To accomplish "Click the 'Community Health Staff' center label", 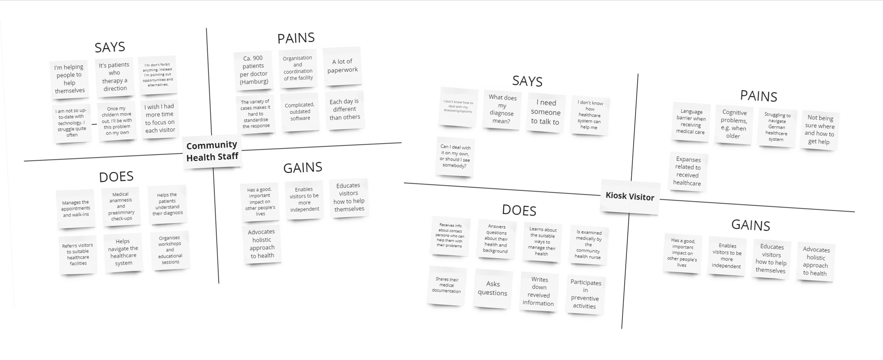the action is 212,151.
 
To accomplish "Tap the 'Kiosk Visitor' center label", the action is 630,196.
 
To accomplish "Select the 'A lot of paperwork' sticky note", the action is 342,66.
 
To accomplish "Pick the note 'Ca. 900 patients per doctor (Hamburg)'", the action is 253,70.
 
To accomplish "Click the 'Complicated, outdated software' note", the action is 300,112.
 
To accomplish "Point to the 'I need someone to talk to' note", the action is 545,112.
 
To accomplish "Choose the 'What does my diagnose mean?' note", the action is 502,109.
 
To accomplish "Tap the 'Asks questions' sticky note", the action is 493,288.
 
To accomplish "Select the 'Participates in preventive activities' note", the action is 585,294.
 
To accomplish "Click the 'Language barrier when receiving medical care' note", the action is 691,122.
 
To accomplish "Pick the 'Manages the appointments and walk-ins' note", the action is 76,208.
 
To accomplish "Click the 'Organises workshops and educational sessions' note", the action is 170,250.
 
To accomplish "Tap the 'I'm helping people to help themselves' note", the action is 69,78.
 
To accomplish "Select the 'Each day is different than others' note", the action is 344,110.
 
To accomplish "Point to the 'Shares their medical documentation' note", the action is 447,285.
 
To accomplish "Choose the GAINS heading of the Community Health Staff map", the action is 303,167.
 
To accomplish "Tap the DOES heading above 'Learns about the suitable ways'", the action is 519,210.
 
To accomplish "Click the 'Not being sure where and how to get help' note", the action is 819,130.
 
